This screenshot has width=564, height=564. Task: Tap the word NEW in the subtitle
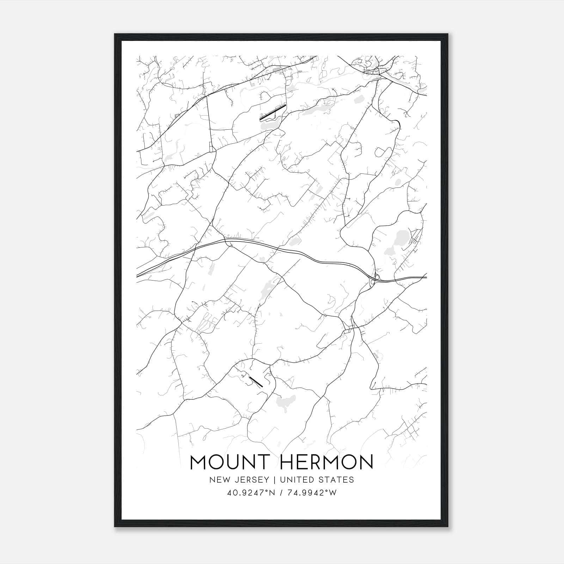[217, 480]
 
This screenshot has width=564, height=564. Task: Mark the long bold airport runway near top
[272, 112]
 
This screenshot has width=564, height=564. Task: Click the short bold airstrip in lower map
[256, 381]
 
